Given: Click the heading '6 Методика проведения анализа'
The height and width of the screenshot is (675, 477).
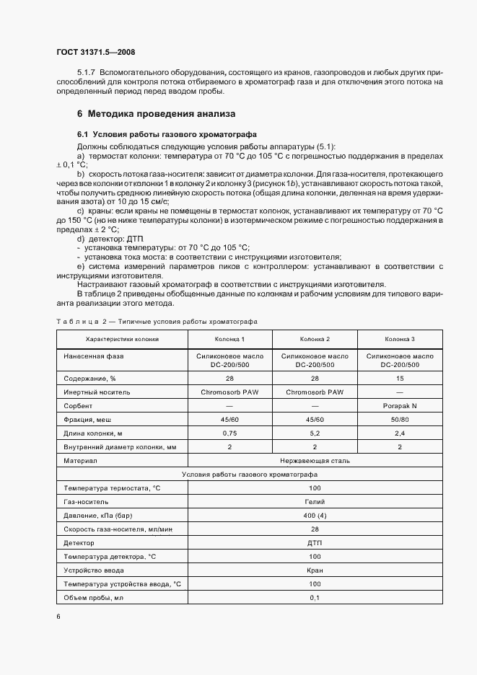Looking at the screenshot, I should click(155, 114).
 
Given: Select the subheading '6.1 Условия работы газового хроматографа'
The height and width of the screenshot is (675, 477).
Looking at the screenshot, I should click(162, 135).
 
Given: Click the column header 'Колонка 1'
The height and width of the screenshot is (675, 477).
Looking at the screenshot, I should click(229, 339).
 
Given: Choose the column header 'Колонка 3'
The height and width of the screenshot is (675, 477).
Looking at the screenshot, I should click(400, 339).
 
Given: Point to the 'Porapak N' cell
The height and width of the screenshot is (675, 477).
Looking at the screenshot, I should click(400, 406).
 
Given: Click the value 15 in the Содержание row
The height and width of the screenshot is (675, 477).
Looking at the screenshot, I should click(400, 378).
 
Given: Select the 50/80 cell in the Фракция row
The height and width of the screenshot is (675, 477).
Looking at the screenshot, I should click(400, 420).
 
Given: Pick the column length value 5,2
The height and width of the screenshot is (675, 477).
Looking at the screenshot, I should click(315, 433).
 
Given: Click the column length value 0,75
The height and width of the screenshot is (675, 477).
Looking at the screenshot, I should click(229, 433).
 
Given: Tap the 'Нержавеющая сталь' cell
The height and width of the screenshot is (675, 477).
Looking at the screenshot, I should click(315, 460).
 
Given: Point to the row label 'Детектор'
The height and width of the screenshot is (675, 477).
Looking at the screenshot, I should click(79, 543).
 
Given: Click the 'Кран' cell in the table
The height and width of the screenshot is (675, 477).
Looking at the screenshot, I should click(315, 570).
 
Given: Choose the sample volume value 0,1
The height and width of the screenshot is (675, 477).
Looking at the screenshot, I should click(315, 598).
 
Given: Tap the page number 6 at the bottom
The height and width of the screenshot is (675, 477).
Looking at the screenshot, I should click(58, 617).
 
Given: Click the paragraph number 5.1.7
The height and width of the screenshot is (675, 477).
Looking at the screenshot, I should click(87, 73).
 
